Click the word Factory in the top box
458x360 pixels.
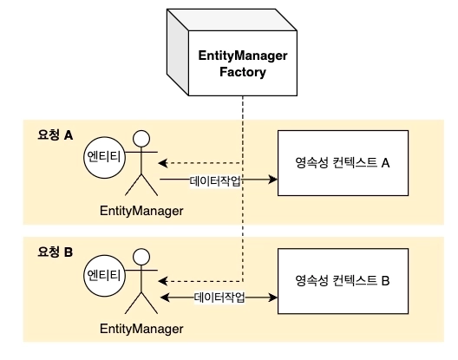click(243, 72)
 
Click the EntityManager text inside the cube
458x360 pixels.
click(243, 56)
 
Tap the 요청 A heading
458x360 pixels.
click(56, 135)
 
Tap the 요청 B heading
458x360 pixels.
click(56, 252)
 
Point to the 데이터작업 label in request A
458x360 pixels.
click(215, 181)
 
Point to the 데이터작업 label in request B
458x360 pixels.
click(219, 298)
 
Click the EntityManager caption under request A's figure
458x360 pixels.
click(141, 211)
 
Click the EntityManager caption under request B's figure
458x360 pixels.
click(141, 329)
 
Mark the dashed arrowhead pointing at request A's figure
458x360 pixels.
click(163, 163)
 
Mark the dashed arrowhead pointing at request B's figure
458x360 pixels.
click(163, 281)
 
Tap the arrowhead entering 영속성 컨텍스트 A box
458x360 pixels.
click(273, 179)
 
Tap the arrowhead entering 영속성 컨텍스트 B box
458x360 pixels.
click(273, 298)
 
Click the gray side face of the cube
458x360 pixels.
click(178, 52)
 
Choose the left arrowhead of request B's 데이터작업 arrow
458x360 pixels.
click(166, 298)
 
